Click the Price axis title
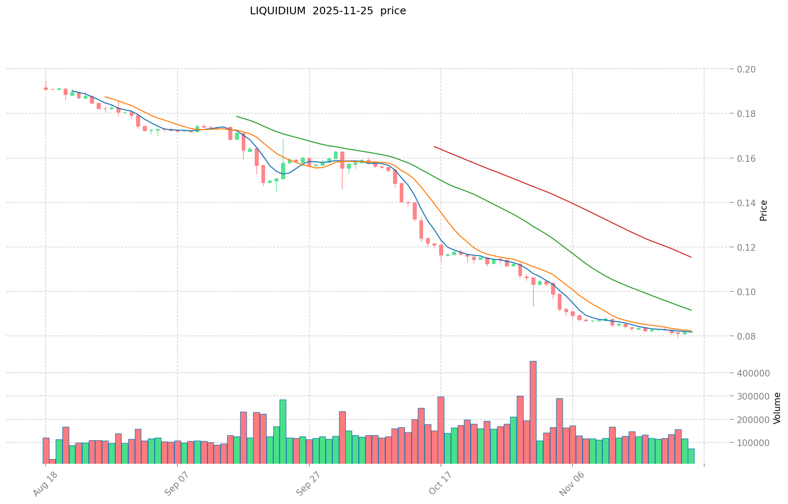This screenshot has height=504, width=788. pos(764,210)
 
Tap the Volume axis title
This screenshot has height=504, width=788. pos(777,408)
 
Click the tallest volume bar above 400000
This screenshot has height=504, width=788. pos(533,412)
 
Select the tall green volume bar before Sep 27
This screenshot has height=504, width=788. pos(283,431)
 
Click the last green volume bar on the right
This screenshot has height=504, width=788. pos(691,456)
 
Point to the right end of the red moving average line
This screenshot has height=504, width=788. pos(691,257)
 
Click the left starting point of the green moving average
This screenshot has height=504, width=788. pos(237,117)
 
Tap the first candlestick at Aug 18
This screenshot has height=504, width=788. pos(46,88)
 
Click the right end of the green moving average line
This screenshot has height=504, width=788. pos(691,310)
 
